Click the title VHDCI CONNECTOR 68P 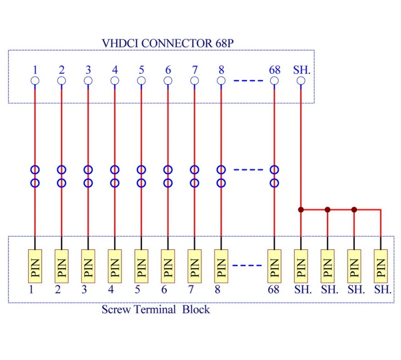(x=167, y=43)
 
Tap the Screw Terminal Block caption (x=156, y=309)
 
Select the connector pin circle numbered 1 (x=35, y=81)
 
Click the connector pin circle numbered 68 (x=274, y=81)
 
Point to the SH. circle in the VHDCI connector (x=301, y=81)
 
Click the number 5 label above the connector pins (x=141, y=70)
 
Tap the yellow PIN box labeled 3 (x=88, y=266)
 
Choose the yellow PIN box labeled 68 (x=274, y=266)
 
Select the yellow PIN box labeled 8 (x=221, y=266)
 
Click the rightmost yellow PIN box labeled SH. (x=381, y=266)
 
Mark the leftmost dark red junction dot (x=301, y=210)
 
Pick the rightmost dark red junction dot (x=354, y=210)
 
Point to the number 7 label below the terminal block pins (x=191, y=290)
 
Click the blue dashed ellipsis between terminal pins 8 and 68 (x=247, y=265)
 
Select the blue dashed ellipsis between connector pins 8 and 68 (x=248, y=81)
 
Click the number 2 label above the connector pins (x=62, y=70)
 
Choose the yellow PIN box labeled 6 (x=168, y=266)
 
